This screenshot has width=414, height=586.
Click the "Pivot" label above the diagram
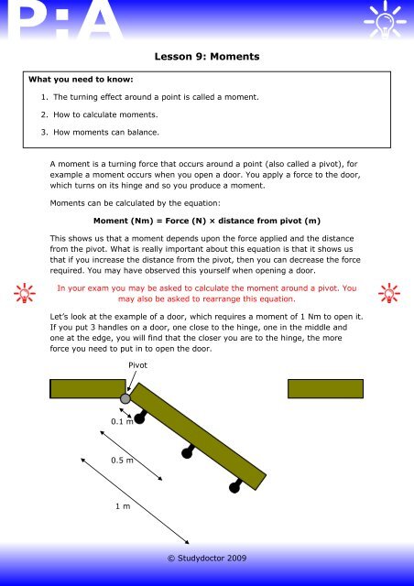pos(138,364)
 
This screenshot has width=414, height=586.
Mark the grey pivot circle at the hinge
pos(125,398)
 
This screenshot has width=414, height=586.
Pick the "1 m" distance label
pos(120,505)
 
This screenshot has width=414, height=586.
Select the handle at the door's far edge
pos(235,486)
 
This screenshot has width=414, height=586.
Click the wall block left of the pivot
pos(86,388)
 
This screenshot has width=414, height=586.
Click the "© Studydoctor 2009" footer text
pos(206,556)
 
